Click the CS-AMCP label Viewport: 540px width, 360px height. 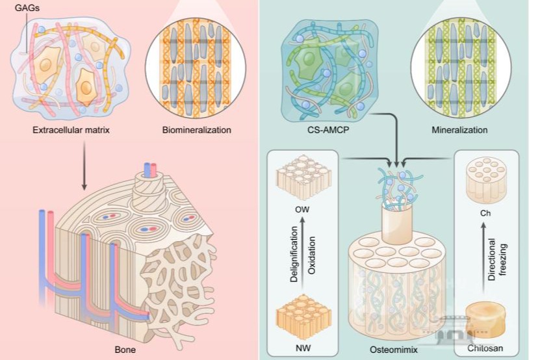tap(326, 131)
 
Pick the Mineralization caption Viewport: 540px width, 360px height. tap(459, 131)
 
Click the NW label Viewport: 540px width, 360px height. tap(300, 348)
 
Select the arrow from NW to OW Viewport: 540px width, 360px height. tap(300, 258)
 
